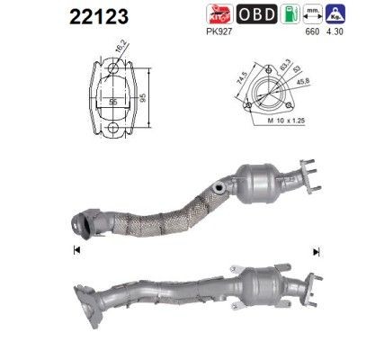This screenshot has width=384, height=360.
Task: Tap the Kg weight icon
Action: click(x=335, y=13)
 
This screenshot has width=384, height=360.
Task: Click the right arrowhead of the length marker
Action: click(x=316, y=249)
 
